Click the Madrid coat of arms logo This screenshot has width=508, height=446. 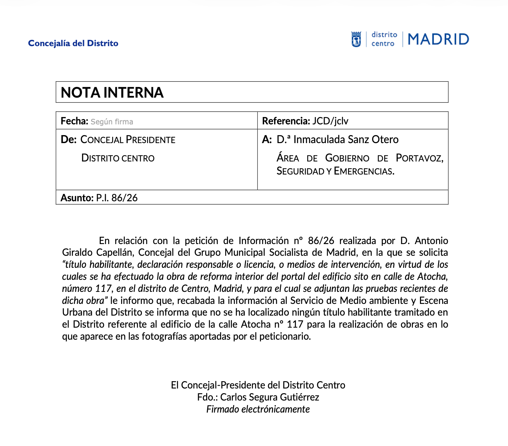(x=356, y=39)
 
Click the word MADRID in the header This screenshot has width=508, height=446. (x=438, y=39)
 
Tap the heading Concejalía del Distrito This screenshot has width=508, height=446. (x=73, y=43)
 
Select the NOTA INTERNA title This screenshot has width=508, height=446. (x=112, y=93)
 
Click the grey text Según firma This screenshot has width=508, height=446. (x=112, y=122)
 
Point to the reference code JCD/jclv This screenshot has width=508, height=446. (x=330, y=121)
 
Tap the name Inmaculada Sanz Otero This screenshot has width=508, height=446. (x=346, y=139)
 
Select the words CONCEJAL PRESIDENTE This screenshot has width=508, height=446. (x=128, y=140)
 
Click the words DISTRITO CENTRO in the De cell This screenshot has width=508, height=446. (x=118, y=158)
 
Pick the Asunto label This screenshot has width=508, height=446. (x=77, y=198)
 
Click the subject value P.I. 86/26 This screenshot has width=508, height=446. (x=117, y=198)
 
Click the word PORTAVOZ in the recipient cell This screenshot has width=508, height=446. (x=419, y=158)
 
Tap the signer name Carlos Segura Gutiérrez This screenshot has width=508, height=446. (x=269, y=397)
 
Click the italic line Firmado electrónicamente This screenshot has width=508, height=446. (x=258, y=409)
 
